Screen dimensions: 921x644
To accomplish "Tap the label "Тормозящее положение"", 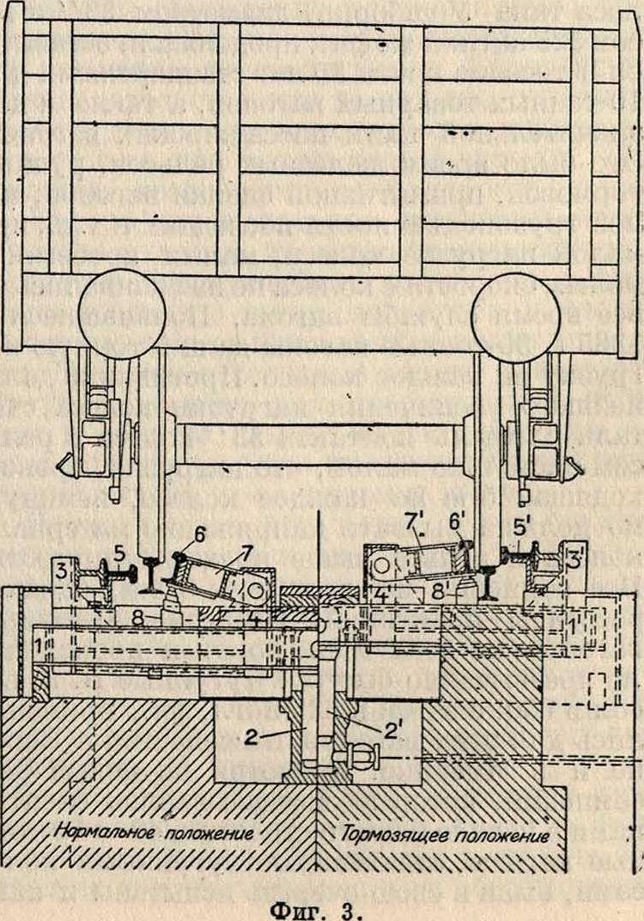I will coord(444,833).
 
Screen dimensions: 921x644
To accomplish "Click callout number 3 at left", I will coord(64,570).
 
